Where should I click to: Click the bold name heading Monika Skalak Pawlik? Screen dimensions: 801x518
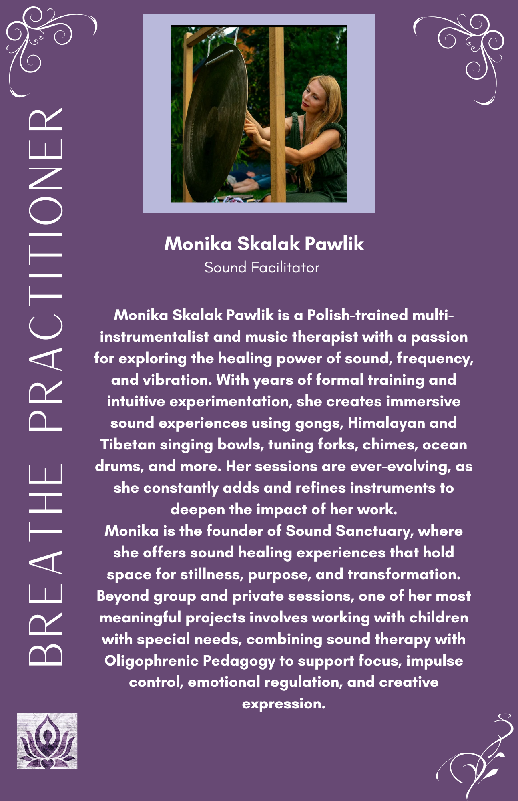pos(264,244)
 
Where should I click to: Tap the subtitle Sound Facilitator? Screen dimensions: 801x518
pos(262,268)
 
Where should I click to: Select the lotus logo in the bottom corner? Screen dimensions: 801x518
pos(47,741)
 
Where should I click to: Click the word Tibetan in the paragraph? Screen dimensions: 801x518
pos(128,445)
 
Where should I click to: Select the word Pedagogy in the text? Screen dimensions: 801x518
pos(239,661)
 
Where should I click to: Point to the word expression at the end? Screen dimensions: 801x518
pos(283,704)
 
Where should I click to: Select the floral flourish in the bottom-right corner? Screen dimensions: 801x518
pos(476,757)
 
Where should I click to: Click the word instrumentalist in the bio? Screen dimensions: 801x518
pos(154,337)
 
